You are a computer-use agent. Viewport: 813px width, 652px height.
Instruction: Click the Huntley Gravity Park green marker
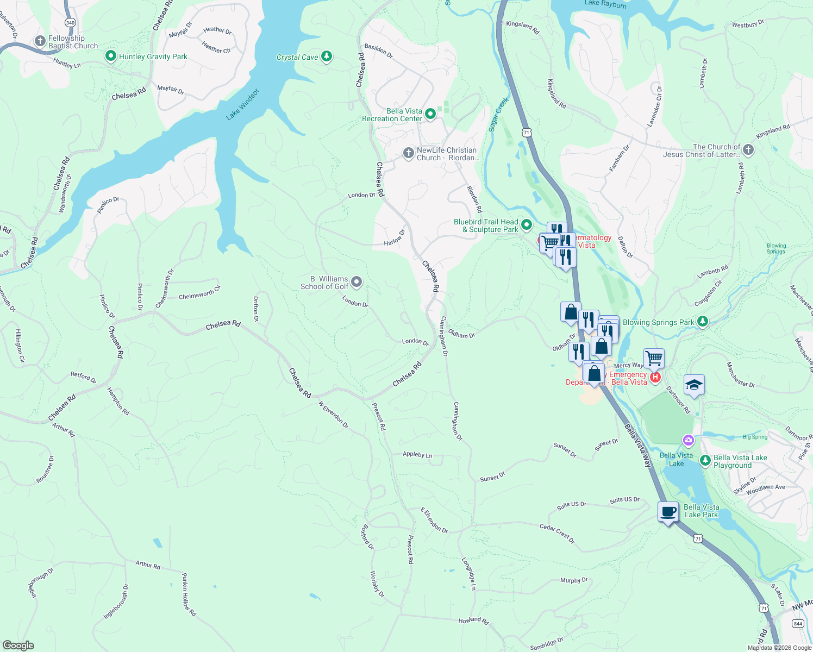click(x=111, y=56)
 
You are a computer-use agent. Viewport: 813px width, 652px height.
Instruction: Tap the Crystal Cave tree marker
click(x=326, y=56)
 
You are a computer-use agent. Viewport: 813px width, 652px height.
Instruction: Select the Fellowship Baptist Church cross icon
click(x=40, y=41)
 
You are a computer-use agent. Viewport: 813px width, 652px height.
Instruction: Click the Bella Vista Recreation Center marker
click(x=430, y=114)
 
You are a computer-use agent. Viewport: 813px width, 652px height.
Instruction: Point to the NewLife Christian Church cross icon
click(x=408, y=153)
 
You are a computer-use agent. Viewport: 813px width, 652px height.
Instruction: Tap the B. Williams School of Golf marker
click(x=357, y=281)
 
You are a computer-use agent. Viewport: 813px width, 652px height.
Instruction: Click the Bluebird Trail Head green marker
click(x=526, y=224)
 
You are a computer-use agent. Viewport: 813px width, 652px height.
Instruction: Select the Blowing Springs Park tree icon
click(x=703, y=322)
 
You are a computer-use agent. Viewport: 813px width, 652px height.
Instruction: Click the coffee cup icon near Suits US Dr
click(x=668, y=512)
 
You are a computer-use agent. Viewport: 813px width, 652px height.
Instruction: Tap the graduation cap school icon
click(x=694, y=385)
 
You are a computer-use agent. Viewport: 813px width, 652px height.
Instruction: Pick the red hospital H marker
click(x=655, y=377)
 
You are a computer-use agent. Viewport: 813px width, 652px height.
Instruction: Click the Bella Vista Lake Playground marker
click(x=705, y=461)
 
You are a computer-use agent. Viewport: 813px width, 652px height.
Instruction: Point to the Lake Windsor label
click(x=243, y=104)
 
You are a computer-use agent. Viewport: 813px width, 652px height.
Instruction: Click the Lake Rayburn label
click(x=605, y=4)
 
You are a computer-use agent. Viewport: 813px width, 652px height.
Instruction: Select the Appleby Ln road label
click(x=417, y=454)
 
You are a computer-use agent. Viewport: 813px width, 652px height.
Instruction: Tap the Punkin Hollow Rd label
click(x=189, y=594)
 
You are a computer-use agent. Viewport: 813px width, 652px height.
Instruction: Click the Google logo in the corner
click(x=18, y=645)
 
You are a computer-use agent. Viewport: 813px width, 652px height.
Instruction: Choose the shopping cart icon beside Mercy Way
click(x=654, y=358)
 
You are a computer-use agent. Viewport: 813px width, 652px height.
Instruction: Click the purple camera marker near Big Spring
click(x=689, y=440)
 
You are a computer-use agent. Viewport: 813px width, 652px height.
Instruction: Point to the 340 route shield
click(x=70, y=22)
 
